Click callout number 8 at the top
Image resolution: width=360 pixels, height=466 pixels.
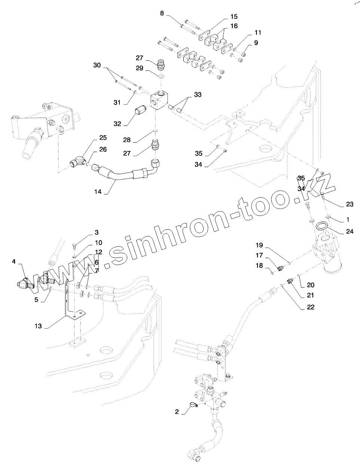[162, 13]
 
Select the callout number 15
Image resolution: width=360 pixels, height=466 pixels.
[234, 16]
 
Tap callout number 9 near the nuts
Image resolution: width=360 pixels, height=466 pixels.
[256, 43]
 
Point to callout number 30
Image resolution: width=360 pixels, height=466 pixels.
[97, 65]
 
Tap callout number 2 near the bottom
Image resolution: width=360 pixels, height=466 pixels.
[177, 412]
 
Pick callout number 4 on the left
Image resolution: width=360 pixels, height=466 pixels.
[14, 261]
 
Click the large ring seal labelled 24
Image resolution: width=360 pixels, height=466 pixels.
[322, 227]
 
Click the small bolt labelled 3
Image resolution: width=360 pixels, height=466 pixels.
[74, 246]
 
